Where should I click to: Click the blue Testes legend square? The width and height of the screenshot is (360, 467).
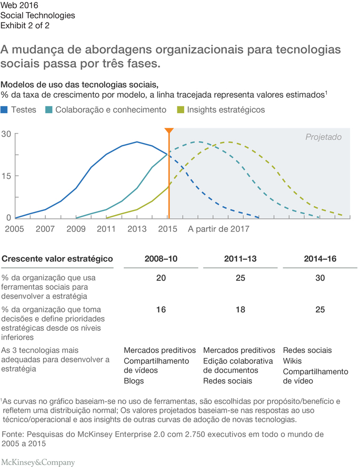point(5,110)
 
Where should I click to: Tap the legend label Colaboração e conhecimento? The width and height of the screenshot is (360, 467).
point(111,110)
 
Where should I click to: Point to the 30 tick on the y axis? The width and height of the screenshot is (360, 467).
point(6,134)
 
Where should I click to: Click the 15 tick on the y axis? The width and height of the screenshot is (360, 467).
point(6,176)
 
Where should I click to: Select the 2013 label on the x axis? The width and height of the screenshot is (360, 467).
point(137,229)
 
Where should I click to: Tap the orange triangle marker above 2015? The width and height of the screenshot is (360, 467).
point(168,131)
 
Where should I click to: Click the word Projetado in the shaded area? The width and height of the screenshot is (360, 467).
point(324,137)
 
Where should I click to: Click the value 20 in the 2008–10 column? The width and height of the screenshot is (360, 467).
point(161,278)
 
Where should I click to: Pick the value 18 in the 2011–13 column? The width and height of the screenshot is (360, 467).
point(241,310)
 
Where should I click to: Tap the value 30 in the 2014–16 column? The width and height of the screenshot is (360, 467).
point(321,278)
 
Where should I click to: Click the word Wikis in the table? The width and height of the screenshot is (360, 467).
point(293,361)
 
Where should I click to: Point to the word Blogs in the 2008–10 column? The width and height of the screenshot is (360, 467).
point(134,381)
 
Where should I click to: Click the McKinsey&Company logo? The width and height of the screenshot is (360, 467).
point(38,463)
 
